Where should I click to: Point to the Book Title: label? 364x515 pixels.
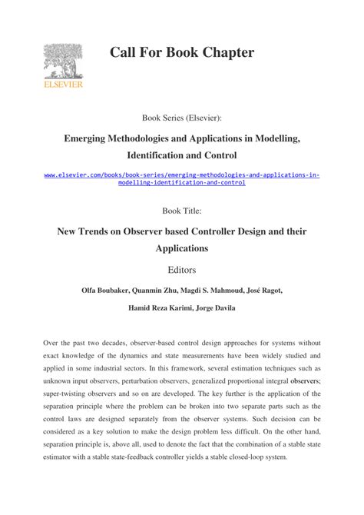click(182, 210)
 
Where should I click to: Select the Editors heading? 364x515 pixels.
click(182, 270)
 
